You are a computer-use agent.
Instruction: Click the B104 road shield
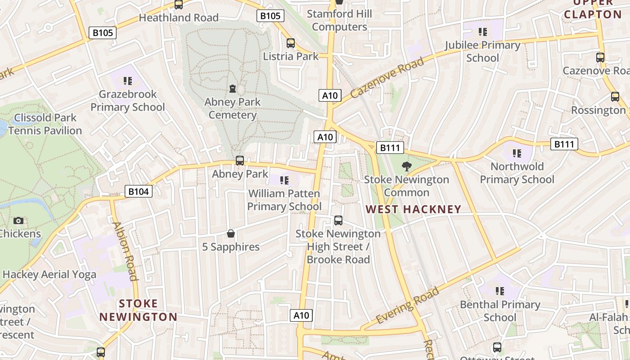(x=138, y=192)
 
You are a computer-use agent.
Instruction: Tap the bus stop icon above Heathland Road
(x=179, y=5)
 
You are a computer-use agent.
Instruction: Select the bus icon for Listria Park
(x=291, y=43)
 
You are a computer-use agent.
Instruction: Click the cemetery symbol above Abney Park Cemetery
(x=233, y=89)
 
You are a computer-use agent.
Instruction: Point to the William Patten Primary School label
(x=284, y=200)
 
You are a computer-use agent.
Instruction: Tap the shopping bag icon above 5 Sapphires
(x=231, y=234)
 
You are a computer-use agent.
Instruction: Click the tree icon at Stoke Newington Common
(x=406, y=166)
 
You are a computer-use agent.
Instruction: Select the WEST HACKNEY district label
(x=414, y=209)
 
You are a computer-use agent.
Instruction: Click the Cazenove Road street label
(x=387, y=78)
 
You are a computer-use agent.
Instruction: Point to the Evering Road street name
(x=407, y=306)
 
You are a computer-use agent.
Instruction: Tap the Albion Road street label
(x=125, y=251)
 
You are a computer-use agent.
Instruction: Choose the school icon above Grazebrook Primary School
(x=128, y=81)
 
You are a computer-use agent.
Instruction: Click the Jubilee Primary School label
(x=482, y=51)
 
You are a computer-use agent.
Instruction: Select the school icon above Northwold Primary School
(x=517, y=153)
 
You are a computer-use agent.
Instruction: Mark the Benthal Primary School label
(x=499, y=311)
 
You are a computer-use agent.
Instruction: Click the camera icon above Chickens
(x=18, y=220)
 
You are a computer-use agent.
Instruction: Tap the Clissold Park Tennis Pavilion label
(x=45, y=124)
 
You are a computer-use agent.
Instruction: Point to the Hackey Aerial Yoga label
(x=49, y=274)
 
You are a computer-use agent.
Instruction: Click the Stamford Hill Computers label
(x=339, y=20)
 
